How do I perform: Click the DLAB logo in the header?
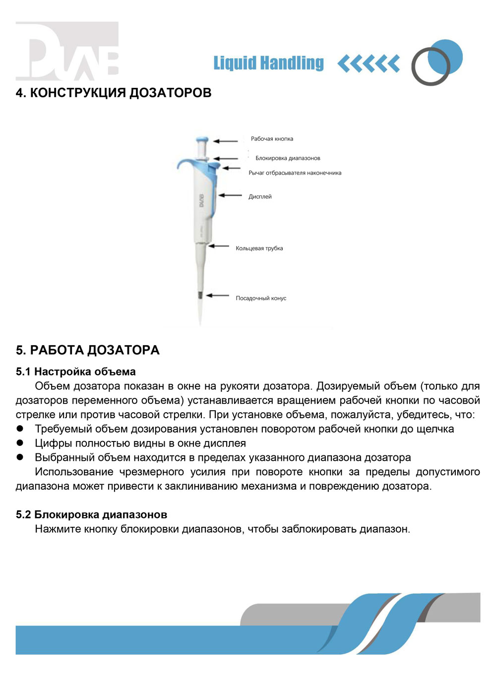coord(67,51)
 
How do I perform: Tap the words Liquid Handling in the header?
coord(268,63)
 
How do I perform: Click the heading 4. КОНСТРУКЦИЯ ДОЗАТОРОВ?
coord(114,93)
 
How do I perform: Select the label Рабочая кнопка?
coord(272,139)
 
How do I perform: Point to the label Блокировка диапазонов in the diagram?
coord(288,158)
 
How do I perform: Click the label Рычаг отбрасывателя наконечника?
coord(295,173)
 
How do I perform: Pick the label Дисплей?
coord(260,197)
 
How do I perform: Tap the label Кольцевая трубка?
coord(259,249)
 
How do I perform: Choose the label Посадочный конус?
coord(261,298)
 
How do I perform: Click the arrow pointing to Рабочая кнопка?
coord(226,141)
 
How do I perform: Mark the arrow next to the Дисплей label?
coord(230,195)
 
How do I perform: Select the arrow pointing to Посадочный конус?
coord(217,296)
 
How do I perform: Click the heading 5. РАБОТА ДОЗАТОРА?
coord(88,350)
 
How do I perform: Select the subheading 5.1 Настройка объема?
coord(76,372)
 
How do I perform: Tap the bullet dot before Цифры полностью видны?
coord(20,442)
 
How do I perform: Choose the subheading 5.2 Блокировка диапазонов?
coord(91,515)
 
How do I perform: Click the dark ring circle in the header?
coord(430,66)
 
